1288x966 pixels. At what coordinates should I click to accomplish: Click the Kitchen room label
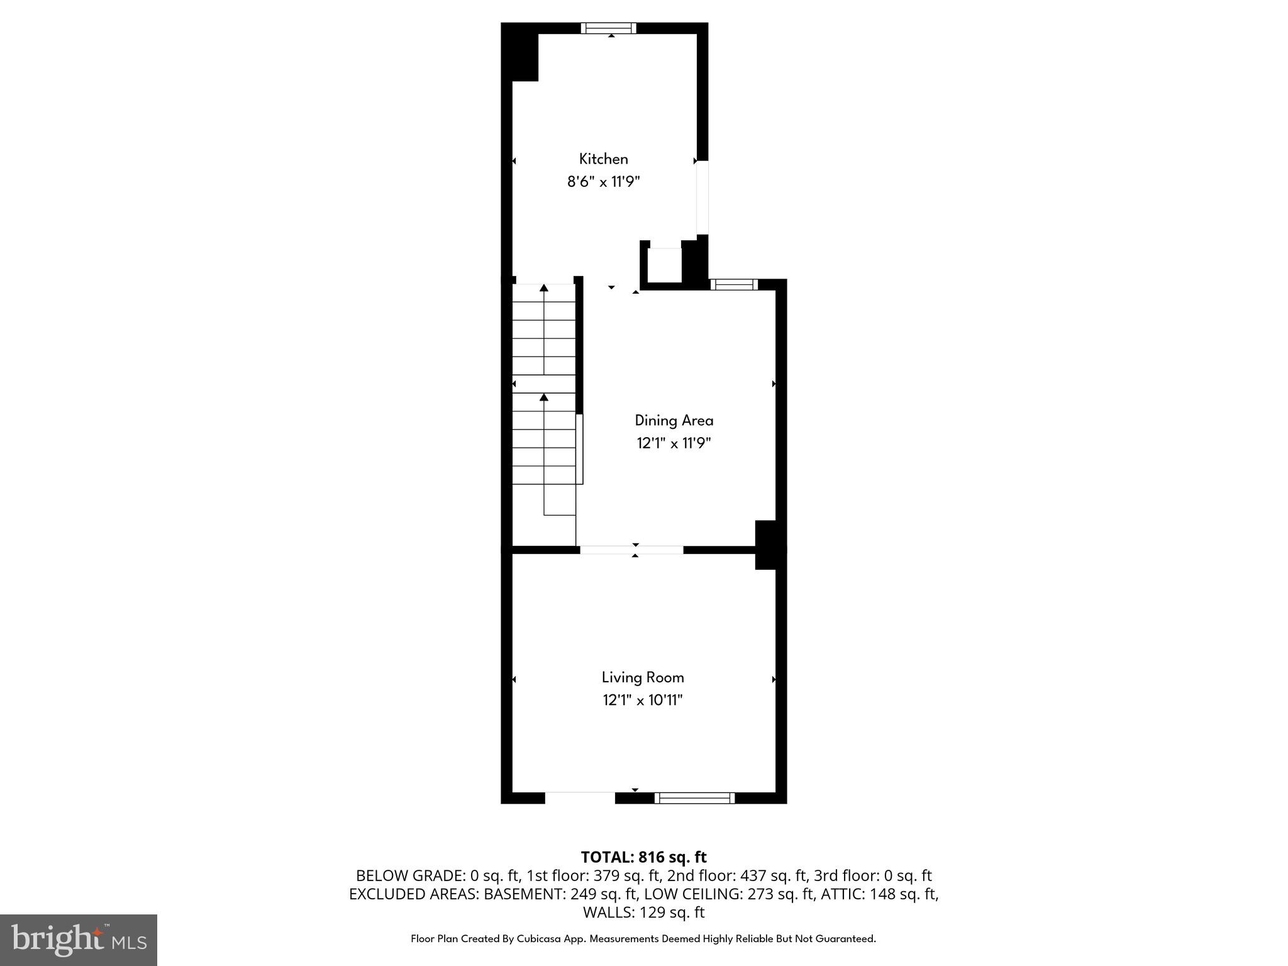603,159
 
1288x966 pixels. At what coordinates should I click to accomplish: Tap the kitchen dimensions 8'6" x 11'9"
603,182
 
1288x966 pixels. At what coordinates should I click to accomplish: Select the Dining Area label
674,421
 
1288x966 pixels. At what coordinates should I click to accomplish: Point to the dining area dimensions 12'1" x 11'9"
674,443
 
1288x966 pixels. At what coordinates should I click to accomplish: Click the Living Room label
642,677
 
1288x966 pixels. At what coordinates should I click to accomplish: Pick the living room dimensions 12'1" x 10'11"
642,700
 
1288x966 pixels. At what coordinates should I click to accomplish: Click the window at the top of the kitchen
608,28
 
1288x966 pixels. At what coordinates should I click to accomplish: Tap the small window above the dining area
734,285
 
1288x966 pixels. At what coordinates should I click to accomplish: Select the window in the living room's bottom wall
694,798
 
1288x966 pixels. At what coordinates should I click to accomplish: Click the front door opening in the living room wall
579,797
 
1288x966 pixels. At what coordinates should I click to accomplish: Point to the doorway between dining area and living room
631,550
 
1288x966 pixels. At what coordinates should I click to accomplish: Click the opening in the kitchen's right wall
702,197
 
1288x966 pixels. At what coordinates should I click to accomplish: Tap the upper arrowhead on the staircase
544,288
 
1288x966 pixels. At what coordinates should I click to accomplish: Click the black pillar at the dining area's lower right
766,545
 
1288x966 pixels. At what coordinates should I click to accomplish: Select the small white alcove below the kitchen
665,266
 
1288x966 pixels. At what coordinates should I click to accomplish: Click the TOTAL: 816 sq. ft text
643,857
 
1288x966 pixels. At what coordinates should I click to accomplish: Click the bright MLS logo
79,940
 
